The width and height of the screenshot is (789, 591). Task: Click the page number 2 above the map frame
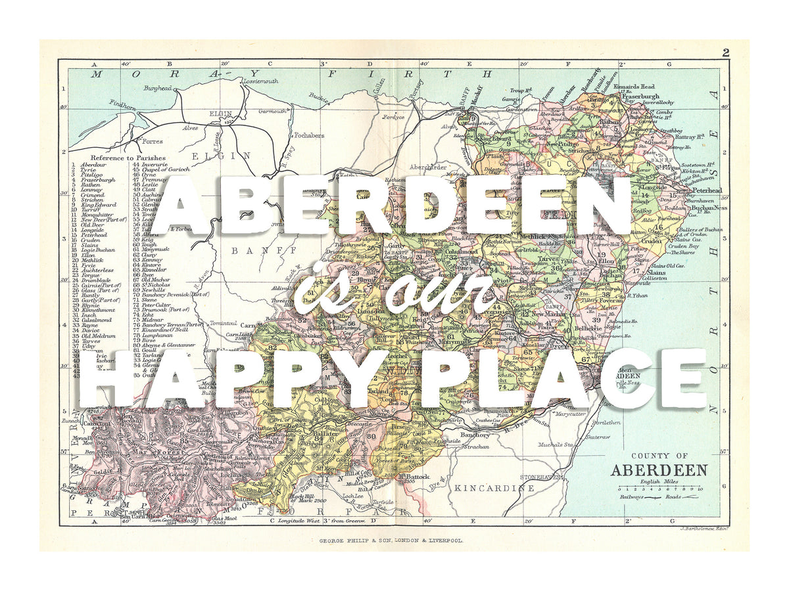(x=725, y=53)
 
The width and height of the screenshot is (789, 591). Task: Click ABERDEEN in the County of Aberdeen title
(x=659, y=470)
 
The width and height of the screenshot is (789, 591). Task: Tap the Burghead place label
(x=158, y=87)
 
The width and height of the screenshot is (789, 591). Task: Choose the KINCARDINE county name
(x=494, y=488)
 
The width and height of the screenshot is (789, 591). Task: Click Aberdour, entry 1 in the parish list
(x=93, y=164)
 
